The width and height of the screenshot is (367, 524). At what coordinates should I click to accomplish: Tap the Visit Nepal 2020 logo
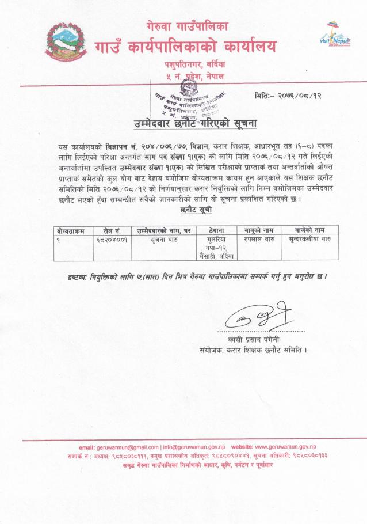click(338, 37)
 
